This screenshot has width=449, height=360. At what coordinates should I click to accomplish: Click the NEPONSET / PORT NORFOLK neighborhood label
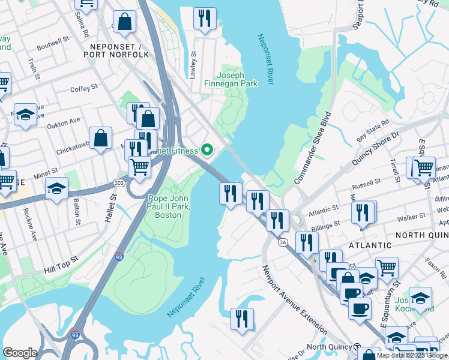click(118, 50)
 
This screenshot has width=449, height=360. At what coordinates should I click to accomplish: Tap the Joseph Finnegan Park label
click(238, 79)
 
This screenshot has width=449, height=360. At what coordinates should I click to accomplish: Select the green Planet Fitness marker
click(208, 149)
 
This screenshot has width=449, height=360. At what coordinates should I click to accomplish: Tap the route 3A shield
click(283, 242)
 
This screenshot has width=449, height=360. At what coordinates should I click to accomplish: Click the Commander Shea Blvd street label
click(313, 148)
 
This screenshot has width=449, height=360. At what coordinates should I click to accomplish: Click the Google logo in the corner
click(20, 353)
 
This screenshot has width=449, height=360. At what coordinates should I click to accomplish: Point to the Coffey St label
click(83, 88)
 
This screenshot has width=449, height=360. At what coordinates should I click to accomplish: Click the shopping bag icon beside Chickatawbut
click(100, 137)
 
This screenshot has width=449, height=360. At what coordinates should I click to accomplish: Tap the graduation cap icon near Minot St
click(56, 188)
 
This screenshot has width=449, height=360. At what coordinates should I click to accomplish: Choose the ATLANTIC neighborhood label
click(367, 245)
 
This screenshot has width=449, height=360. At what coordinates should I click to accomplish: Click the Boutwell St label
click(53, 45)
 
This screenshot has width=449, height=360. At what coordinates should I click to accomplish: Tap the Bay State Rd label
click(374, 130)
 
